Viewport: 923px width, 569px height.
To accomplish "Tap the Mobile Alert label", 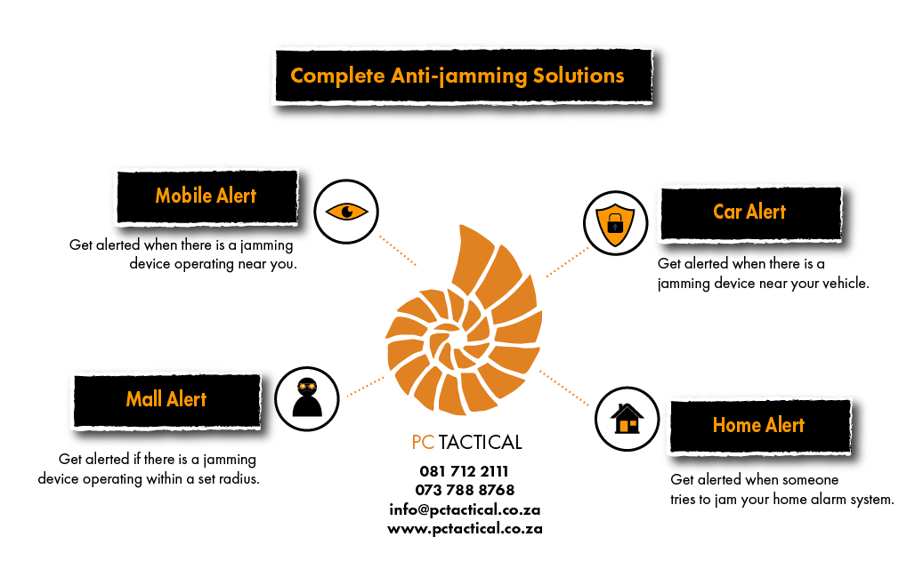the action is click(206, 196).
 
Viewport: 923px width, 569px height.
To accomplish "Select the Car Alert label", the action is click(749, 212).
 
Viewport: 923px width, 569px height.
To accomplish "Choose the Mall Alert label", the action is click(166, 399).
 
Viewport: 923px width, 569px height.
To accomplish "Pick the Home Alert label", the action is click(759, 425).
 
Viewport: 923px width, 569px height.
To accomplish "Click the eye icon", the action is click(347, 212).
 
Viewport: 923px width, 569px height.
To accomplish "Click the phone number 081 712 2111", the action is click(464, 471).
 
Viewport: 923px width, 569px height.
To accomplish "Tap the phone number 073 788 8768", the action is click(465, 490).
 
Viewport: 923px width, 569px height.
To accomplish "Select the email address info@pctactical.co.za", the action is click(465, 509).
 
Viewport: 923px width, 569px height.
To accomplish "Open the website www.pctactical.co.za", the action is click(465, 528).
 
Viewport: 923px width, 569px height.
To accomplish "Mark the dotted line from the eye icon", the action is click(397, 250).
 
